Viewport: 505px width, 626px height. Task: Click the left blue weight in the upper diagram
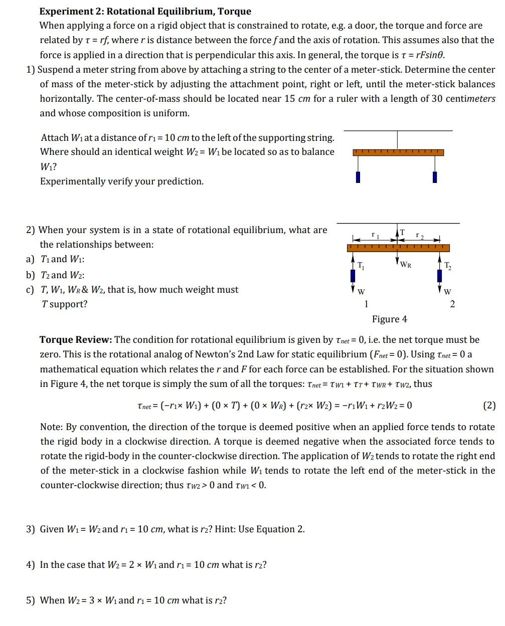pyautogui.click(x=358, y=177)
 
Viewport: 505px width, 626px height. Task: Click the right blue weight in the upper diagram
pyautogui.click(x=435, y=177)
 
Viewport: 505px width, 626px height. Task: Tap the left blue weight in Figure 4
pyautogui.click(x=353, y=276)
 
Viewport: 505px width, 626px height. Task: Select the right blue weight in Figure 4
pyautogui.click(x=440, y=276)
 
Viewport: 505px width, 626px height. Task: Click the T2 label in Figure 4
pyautogui.click(x=448, y=266)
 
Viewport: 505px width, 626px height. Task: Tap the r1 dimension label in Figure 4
pyautogui.click(x=374, y=234)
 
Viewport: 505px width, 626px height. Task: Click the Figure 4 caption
pyautogui.click(x=389, y=319)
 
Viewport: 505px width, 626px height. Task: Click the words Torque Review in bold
pyautogui.click(x=76, y=340)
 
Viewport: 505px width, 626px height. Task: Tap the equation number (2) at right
pyautogui.click(x=489, y=405)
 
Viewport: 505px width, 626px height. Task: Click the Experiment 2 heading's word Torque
pyautogui.click(x=234, y=11)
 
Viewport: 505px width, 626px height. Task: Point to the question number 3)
pyautogui.click(x=31, y=529)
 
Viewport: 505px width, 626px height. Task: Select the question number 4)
pyautogui.click(x=31, y=565)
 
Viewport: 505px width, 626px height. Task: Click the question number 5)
pyautogui.click(x=31, y=600)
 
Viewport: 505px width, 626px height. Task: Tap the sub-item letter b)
pyautogui.click(x=31, y=275)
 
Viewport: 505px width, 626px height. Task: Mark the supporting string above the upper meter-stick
pyautogui.click(x=398, y=140)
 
